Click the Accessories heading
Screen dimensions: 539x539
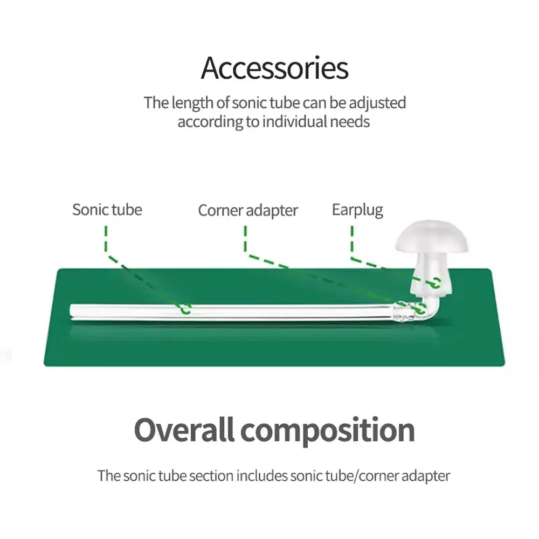275,68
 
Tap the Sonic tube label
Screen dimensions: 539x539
107,209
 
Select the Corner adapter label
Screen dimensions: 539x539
248,210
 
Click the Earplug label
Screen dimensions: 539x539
357,210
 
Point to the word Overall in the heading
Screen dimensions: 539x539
183,430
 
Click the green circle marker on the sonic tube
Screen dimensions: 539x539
185,309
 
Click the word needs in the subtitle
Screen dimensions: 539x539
350,121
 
